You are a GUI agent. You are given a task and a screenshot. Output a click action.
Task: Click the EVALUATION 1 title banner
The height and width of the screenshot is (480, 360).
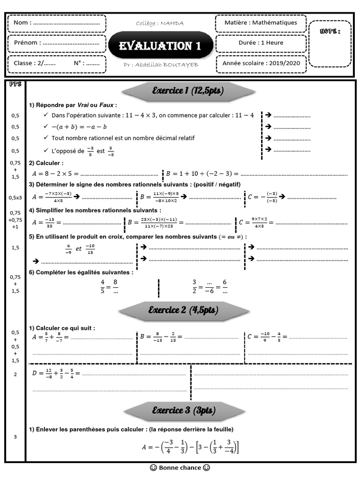tap(160, 45)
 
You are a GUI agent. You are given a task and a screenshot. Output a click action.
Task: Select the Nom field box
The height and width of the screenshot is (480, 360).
tap(57, 22)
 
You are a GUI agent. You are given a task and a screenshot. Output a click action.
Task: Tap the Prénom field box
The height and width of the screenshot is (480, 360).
tap(57, 43)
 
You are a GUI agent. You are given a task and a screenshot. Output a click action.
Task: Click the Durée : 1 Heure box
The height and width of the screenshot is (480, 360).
tap(261, 43)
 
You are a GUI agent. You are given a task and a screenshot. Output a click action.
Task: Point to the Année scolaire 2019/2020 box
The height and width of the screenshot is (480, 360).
tap(261, 63)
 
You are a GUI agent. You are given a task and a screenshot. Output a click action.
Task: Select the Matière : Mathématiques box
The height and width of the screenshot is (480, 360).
tap(261, 22)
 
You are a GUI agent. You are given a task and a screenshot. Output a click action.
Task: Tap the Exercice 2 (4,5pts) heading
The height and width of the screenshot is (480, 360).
tap(183, 310)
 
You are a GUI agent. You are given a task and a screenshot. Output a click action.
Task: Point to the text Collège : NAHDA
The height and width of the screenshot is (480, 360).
tap(160, 23)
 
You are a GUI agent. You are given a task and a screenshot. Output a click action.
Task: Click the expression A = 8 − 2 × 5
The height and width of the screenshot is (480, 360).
tap(54, 173)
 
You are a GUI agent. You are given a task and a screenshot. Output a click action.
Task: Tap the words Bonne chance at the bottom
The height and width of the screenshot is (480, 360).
tap(180, 467)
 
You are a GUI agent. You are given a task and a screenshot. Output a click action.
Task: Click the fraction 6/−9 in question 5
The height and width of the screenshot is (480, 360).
tap(68, 248)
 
